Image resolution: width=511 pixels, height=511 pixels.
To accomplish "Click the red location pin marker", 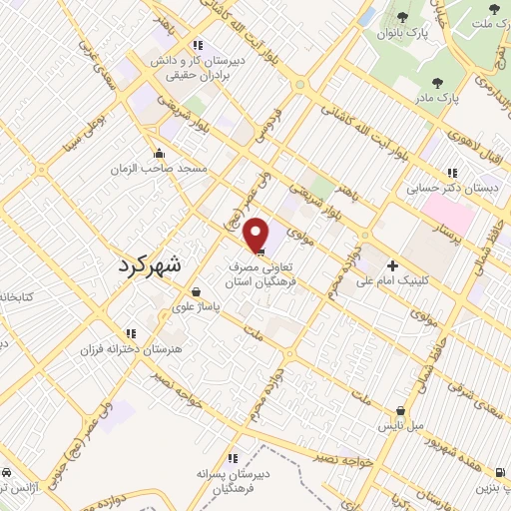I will point(256,235).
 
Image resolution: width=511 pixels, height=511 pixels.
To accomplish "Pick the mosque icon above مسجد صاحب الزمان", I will point(159,153).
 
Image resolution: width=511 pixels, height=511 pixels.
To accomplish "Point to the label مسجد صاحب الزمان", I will point(159,170).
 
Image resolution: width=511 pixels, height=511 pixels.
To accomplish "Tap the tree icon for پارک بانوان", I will point(402,16).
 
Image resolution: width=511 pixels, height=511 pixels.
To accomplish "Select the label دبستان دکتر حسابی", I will point(442,186).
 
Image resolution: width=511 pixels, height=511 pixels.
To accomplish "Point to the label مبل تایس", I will point(400,426).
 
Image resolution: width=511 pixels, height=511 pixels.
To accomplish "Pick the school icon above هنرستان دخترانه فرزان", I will point(129,333).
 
